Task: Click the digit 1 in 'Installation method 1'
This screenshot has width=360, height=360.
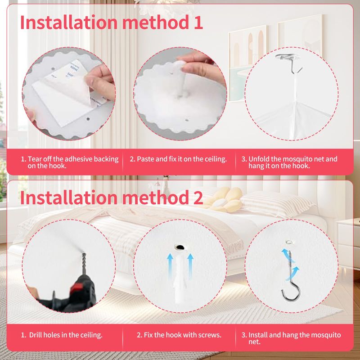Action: pos(198,22)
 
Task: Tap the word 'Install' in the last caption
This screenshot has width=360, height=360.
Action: pos(258,335)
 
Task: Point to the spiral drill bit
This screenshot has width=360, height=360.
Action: pos(84,264)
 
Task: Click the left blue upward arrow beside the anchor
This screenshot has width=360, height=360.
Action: pos(170,266)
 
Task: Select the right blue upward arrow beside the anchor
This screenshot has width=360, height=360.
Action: pos(190,266)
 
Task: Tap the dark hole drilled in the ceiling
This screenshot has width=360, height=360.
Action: pos(180,247)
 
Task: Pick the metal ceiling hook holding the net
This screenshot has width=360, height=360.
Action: pos(290,63)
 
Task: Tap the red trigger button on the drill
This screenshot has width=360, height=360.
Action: pos(76,288)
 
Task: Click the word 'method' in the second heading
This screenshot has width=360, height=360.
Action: pos(155,198)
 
